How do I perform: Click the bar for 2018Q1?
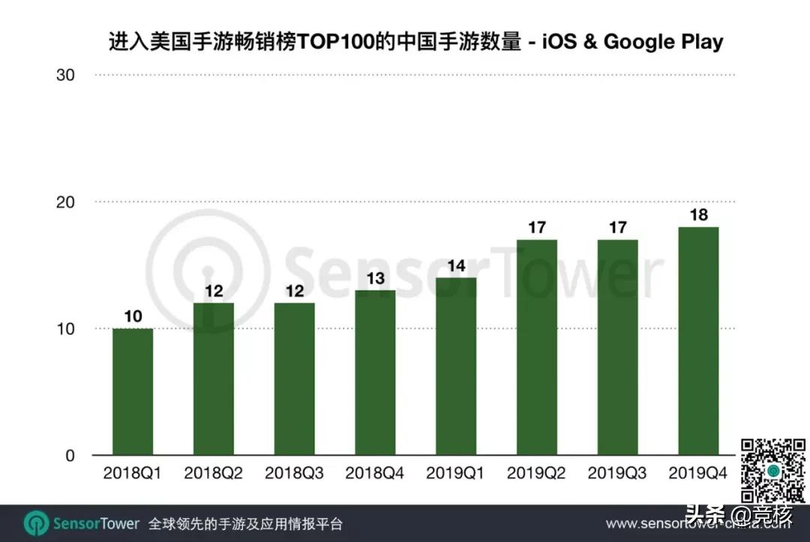click(133, 392)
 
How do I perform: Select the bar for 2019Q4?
click(698, 342)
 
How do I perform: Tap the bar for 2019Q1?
click(456, 366)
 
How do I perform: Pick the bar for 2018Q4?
click(375, 373)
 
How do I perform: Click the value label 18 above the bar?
click(698, 214)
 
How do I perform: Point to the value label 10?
click(133, 316)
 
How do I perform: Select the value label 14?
click(456, 265)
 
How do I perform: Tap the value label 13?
click(375, 278)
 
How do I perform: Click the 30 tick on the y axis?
click(64, 75)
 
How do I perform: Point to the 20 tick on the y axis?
click(64, 202)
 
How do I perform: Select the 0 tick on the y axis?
click(70, 456)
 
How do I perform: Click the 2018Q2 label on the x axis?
click(213, 474)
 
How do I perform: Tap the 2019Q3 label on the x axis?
click(617, 474)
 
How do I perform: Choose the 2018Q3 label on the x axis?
click(294, 474)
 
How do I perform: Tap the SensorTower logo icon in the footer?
click(36, 523)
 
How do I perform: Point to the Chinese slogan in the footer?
click(246, 523)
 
